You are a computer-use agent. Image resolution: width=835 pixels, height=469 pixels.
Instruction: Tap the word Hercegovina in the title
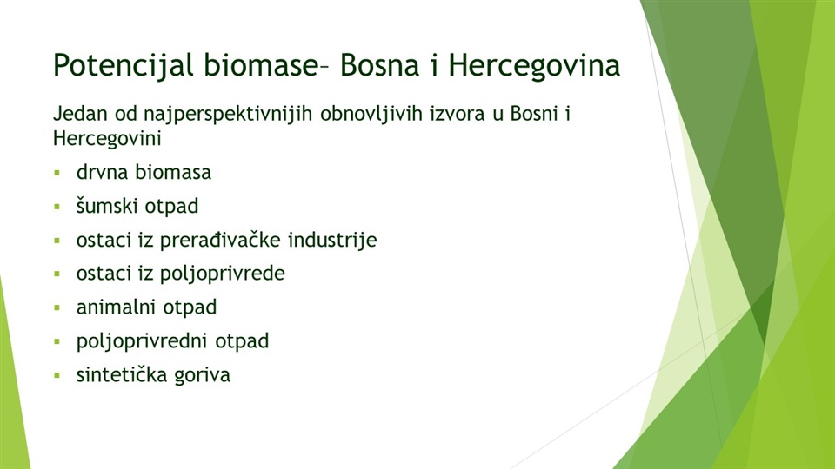click(534, 66)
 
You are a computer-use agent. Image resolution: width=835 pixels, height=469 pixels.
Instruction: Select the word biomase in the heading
click(260, 65)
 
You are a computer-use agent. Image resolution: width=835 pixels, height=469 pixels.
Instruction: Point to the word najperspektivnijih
click(227, 115)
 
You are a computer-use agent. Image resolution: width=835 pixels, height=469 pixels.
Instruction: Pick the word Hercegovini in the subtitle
click(107, 139)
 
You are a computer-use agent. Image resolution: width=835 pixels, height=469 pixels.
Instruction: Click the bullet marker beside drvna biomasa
click(57, 173)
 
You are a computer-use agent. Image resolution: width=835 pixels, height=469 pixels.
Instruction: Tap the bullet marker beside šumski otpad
click(57, 207)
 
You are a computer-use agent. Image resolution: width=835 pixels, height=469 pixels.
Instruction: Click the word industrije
click(332, 241)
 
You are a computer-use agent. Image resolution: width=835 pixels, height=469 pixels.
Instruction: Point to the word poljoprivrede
click(223, 274)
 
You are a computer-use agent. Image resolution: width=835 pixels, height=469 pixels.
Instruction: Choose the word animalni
click(116, 307)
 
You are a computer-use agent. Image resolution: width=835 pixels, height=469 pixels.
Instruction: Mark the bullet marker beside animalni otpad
click(57, 307)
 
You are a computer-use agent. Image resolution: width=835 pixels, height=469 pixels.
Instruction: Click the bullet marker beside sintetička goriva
click(57, 375)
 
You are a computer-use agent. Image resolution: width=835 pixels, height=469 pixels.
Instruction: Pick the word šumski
click(107, 207)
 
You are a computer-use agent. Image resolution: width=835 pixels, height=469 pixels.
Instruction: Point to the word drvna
click(102, 172)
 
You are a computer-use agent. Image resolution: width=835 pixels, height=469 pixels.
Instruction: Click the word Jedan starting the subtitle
click(80, 113)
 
